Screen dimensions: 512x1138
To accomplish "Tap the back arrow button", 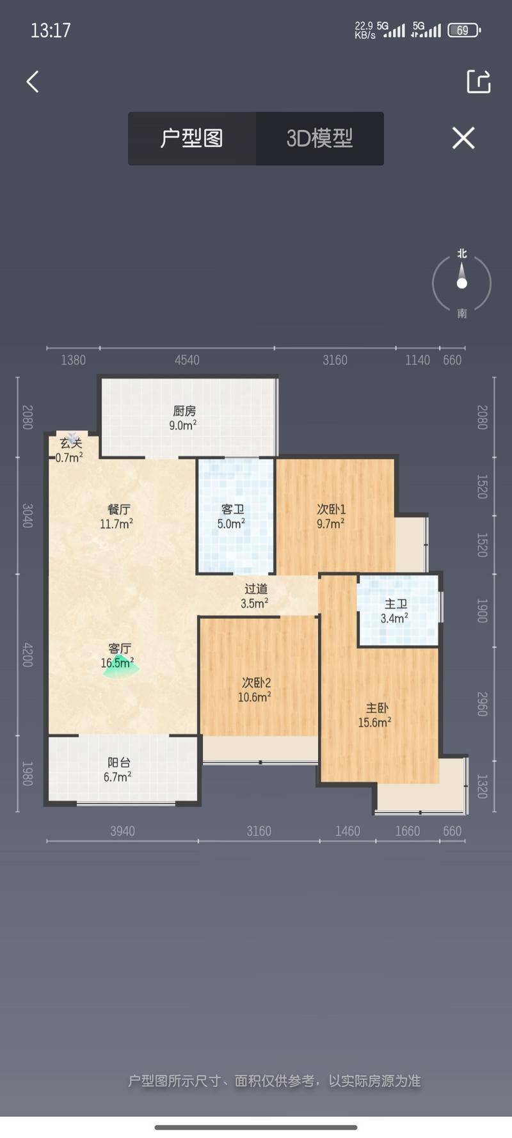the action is pos(33,81).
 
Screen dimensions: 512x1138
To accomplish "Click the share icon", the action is pos(479,81).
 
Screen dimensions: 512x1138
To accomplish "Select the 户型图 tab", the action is pos(192,138).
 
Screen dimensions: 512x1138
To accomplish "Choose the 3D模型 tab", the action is pos(320,138).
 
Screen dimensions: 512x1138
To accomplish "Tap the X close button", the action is pos(463,138).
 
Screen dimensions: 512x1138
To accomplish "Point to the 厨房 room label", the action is pos(184,418).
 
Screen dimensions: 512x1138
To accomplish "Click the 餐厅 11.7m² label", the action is pos(117,517).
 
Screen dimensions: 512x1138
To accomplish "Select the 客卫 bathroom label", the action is pos(232,517).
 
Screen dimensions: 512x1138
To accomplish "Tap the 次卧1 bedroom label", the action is pos(331,516).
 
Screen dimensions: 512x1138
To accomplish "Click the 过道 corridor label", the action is pos(255,596).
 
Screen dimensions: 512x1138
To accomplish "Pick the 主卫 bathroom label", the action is pos(395,611).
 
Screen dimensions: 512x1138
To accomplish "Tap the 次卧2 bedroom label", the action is pos(255,690).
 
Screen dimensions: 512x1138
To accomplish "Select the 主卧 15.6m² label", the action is pos(376,715).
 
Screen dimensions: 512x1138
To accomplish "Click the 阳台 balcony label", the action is pos(118,769).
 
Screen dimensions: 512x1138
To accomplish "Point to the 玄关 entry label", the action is pos(70,450).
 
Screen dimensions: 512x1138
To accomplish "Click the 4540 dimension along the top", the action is pos(187,360).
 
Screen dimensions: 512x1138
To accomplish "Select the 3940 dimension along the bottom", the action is pos(122,831).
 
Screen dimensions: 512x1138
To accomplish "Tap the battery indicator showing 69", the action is pos(464,30).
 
